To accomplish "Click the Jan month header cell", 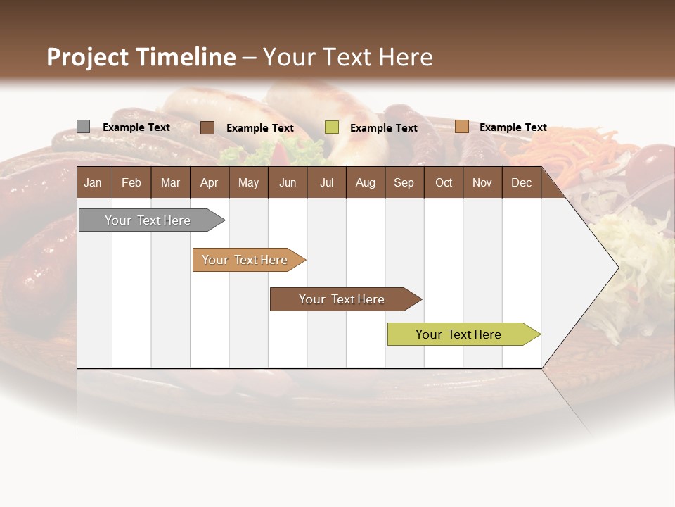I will click(94, 182).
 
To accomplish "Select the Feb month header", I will click(131, 182).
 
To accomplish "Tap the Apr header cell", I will click(210, 182).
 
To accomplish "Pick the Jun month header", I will click(288, 182).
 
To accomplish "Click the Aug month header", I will click(366, 182).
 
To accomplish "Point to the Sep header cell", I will click(404, 182).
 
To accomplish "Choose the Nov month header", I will click(482, 182).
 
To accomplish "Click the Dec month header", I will click(522, 182).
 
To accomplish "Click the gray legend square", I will click(83, 127).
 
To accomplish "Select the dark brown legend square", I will click(207, 127).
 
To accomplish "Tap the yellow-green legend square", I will click(332, 127).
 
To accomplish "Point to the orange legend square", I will click(461, 127).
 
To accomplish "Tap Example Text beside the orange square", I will click(513, 127).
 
